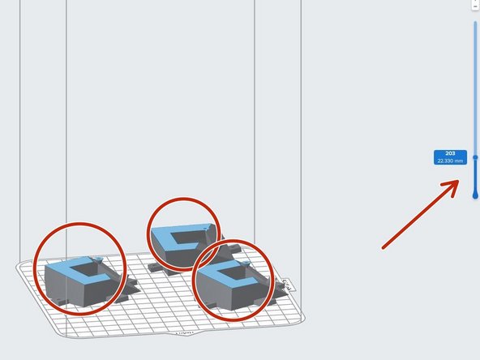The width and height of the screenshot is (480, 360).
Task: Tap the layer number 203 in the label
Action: [x=450, y=153]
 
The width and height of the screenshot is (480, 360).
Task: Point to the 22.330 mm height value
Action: [x=450, y=161]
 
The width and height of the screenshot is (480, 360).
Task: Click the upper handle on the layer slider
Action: [x=475, y=157]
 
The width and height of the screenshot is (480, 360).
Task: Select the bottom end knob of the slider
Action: [x=475, y=195]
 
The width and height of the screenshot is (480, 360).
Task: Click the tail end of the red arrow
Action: [x=384, y=246]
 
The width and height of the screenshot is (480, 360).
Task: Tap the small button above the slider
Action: [x=475, y=4]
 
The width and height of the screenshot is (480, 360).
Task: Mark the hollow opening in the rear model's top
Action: [x=193, y=238]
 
